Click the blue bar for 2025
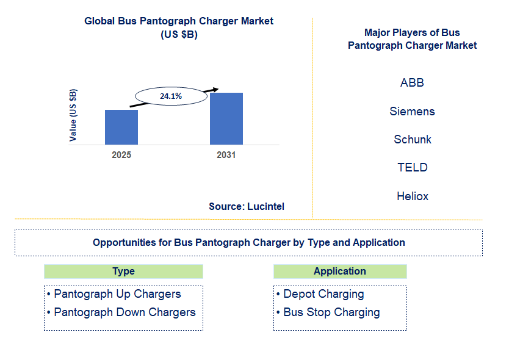(121, 127)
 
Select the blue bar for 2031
(226, 118)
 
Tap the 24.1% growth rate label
(171, 96)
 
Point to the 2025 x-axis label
(121, 155)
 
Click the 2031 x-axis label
(226, 155)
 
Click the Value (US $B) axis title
(73, 115)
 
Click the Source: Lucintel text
(247, 206)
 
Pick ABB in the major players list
(412, 82)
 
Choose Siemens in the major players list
(412, 111)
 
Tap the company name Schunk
(412, 139)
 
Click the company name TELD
(412, 167)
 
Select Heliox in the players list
(412, 196)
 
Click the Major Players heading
(412, 39)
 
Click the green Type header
(123, 272)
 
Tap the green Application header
(340, 272)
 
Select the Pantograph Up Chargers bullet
(117, 294)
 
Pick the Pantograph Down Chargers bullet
(125, 312)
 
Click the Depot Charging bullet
(323, 294)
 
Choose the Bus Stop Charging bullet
(331, 312)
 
